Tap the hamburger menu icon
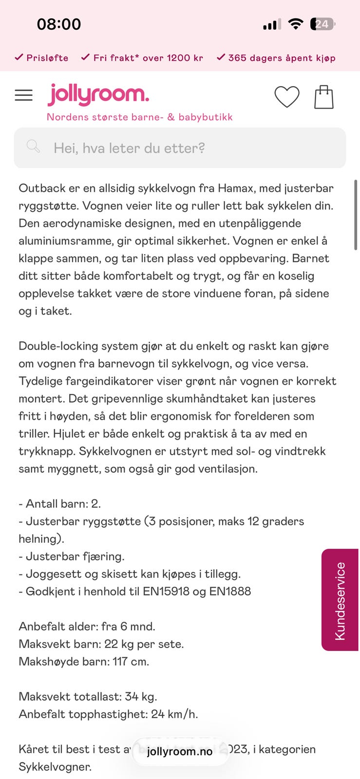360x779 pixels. pyautogui.click(x=23, y=95)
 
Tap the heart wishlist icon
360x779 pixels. pyautogui.click(x=286, y=96)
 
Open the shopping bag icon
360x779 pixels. pyautogui.click(x=323, y=97)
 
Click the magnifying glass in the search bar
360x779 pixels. pyautogui.click(x=33, y=146)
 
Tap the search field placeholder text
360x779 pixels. pyautogui.click(x=129, y=148)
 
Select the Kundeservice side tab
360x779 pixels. pyautogui.click(x=340, y=600)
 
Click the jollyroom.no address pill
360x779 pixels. pyautogui.click(x=180, y=751)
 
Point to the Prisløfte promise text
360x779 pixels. pyautogui.click(x=47, y=58)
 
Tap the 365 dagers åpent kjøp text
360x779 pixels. pyautogui.click(x=282, y=58)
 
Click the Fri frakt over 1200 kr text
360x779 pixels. pyautogui.click(x=148, y=58)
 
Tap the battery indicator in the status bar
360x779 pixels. pyautogui.click(x=322, y=24)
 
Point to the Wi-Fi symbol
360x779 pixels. pyautogui.click(x=295, y=24)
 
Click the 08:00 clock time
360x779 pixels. pyautogui.click(x=59, y=24)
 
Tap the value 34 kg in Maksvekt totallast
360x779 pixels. pyautogui.click(x=140, y=696)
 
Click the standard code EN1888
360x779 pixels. pyautogui.click(x=230, y=591)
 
